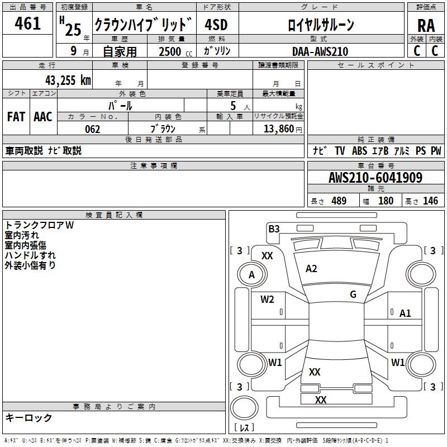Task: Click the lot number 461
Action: coord(28,23)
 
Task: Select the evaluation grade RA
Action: coord(426,26)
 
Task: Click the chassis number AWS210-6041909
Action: coord(375,178)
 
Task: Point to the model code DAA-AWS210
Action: coord(320,51)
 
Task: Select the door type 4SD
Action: coord(217,25)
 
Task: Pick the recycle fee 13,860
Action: coord(279,129)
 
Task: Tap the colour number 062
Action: coord(92,129)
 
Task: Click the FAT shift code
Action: coord(16,116)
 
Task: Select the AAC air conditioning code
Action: coord(43,116)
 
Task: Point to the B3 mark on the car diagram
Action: coord(274,229)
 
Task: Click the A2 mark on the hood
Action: coord(311,269)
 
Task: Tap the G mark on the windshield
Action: coord(353,294)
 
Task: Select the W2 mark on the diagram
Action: coord(267,299)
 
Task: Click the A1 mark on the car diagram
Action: coord(405,313)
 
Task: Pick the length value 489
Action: coord(339,201)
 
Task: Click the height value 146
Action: coord(430,201)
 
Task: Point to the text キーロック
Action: coord(28,417)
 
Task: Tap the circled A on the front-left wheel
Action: coord(251,274)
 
